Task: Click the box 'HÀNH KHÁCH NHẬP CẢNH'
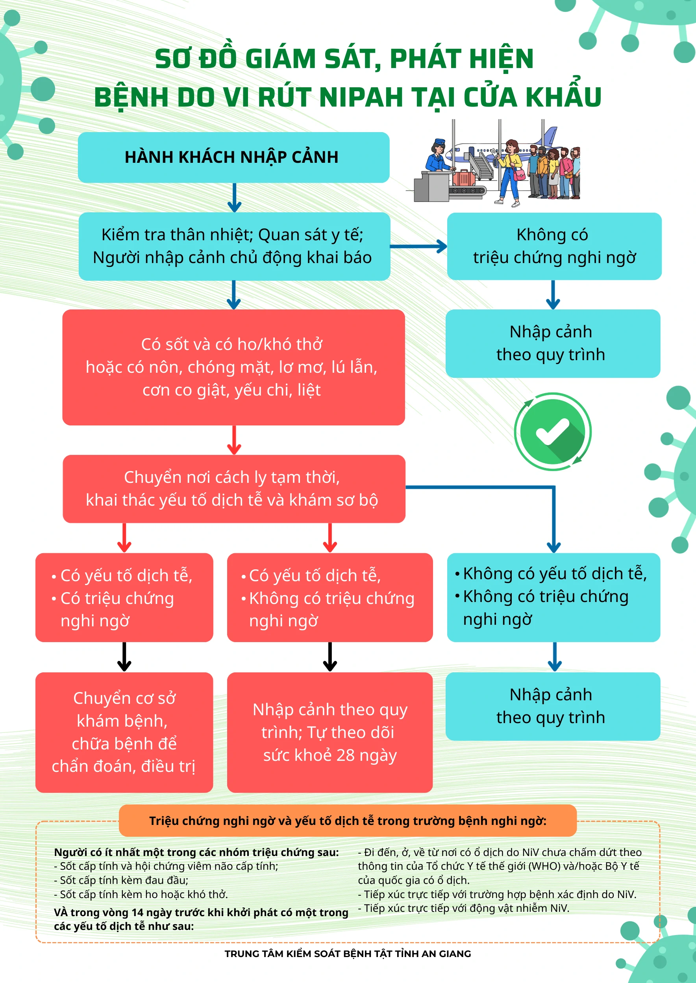coord(233,158)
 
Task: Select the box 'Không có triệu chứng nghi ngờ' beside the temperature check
coord(554,246)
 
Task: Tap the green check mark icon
coord(552,432)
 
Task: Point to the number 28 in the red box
coord(345,755)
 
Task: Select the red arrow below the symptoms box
coord(233,440)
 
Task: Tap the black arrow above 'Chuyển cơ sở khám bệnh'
coord(124,657)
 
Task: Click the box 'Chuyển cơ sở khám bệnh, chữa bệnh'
coord(124,732)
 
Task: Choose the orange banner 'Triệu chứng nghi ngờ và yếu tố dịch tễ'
coord(348,821)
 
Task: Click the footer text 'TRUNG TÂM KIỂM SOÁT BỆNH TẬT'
coord(348,954)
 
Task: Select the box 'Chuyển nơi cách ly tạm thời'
coord(233,488)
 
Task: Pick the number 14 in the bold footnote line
coord(137,912)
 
